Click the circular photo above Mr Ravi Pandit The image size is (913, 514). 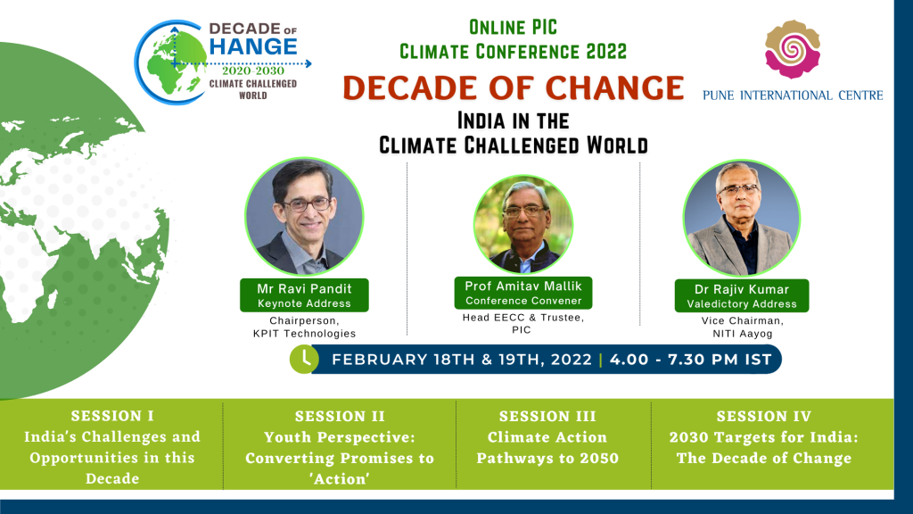point(304,216)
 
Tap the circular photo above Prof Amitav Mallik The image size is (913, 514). point(522,224)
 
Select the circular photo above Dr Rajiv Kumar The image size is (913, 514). point(741,218)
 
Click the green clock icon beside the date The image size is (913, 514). point(304,359)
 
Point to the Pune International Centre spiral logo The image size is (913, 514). point(793,50)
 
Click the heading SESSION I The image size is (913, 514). point(112,416)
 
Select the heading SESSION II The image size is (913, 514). point(340,417)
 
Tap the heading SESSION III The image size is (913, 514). point(547,417)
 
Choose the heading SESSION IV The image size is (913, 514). point(763,417)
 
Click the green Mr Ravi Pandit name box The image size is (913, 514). point(304,294)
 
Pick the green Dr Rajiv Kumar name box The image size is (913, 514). point(741,295)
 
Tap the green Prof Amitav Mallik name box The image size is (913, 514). point(522,293)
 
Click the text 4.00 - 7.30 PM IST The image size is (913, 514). point(691,360)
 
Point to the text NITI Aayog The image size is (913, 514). point(743,334)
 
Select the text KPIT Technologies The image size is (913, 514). point(304,334)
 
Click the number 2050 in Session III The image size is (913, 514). point(598,459)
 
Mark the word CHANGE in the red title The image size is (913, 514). point(614,88)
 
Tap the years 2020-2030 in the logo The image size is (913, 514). point(252,71)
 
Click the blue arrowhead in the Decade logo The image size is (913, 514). point(308,63)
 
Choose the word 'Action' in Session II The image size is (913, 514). point(340,479)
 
